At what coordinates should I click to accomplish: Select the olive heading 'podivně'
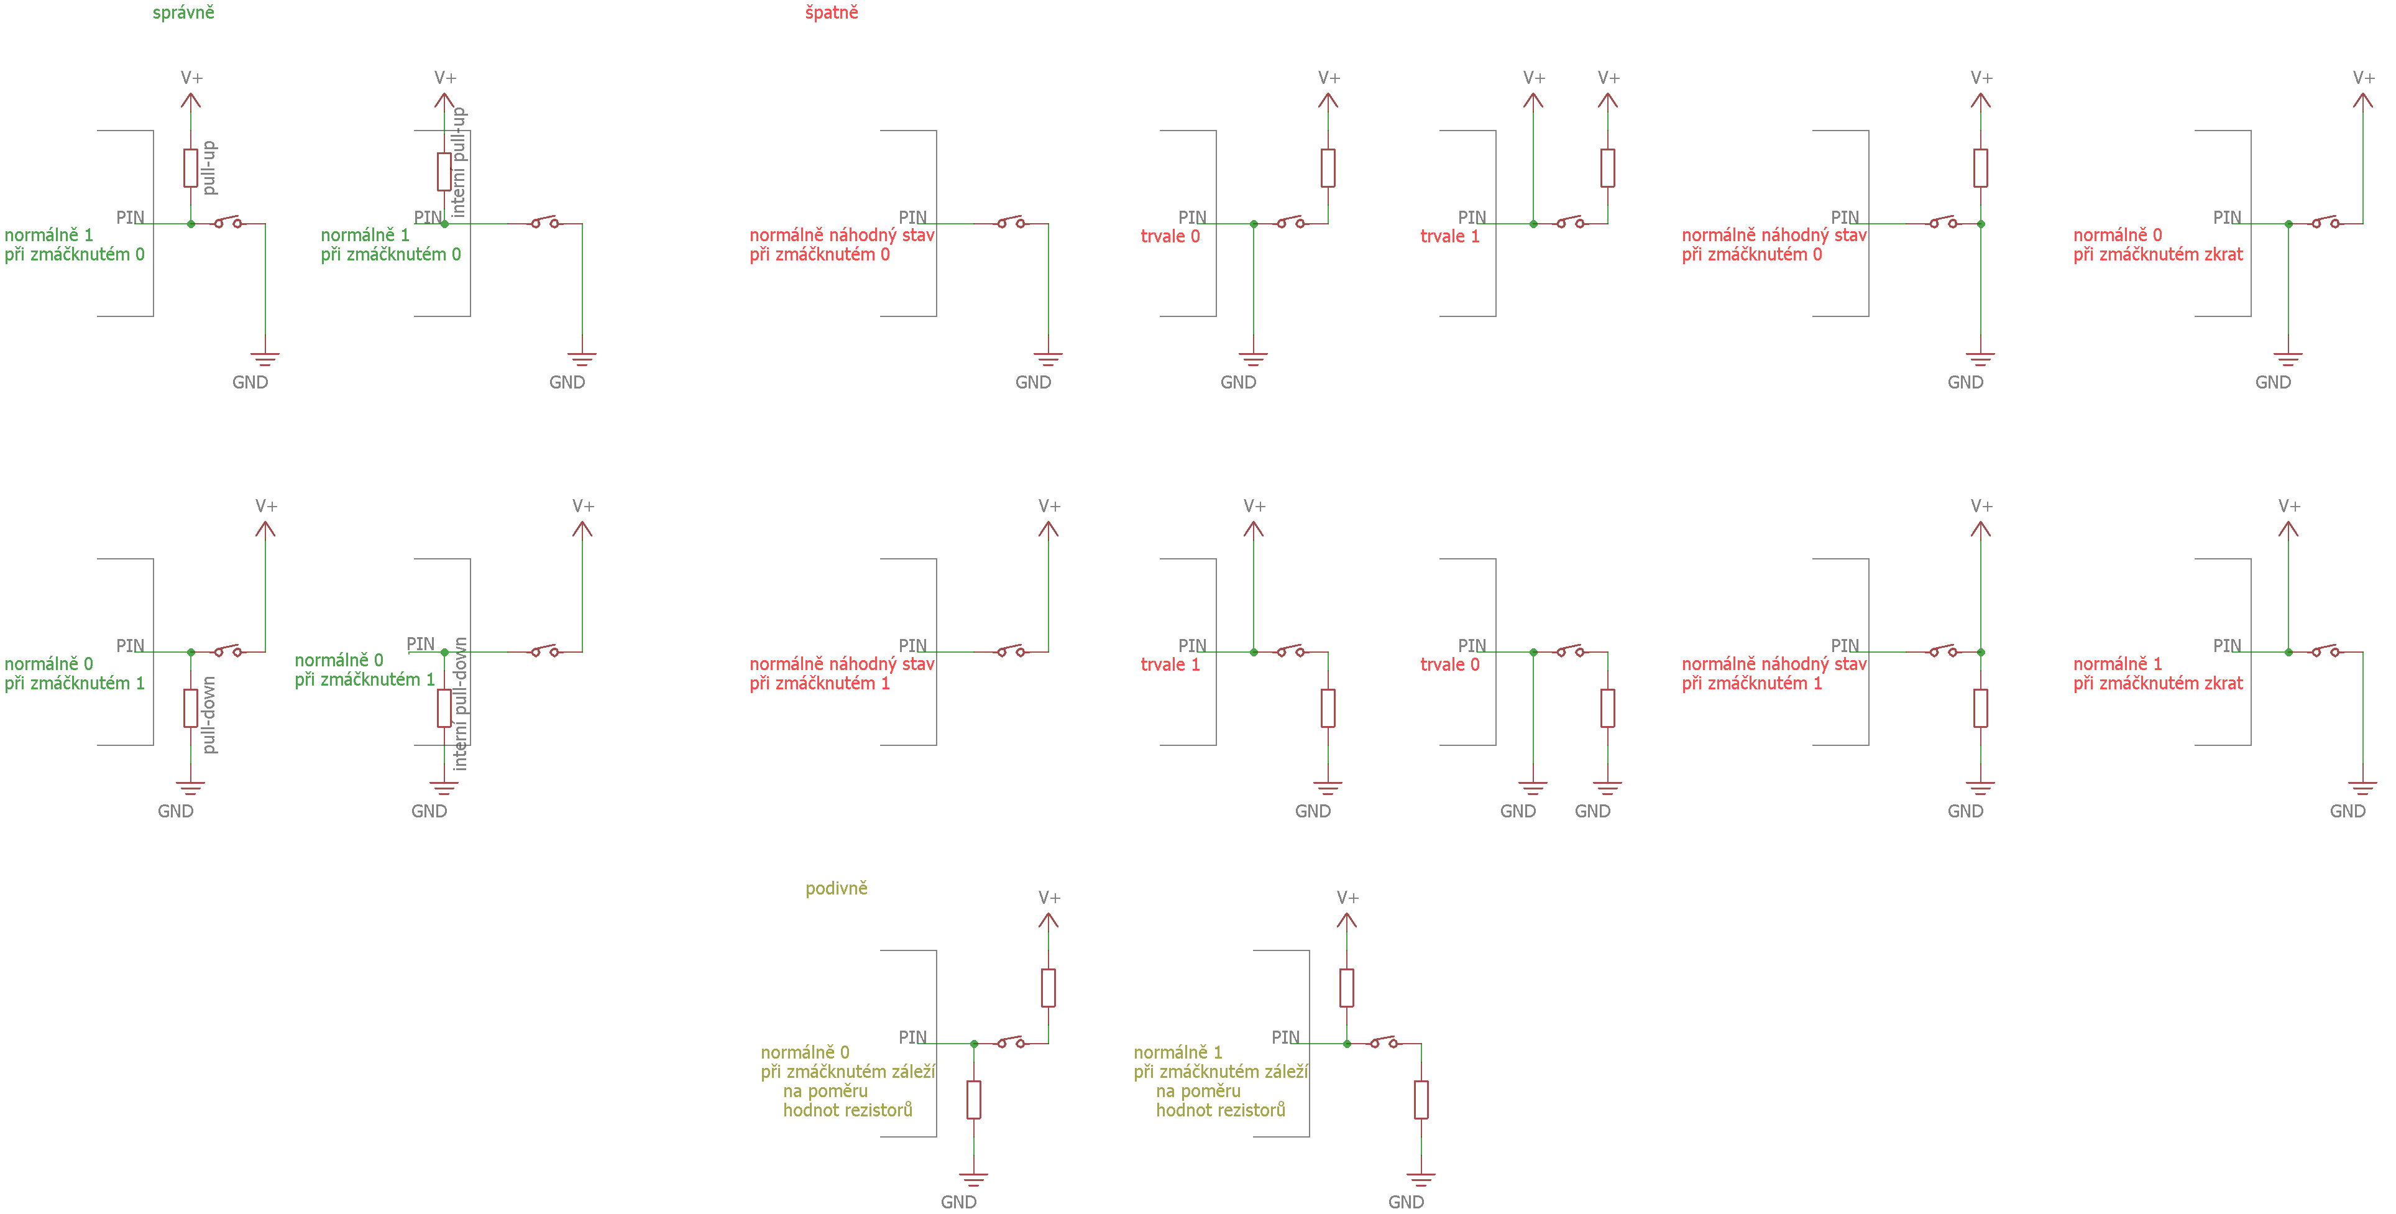836,888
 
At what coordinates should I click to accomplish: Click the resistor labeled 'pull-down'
191,708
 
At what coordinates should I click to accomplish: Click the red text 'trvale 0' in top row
1170,236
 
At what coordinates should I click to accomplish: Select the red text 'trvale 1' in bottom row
1170,664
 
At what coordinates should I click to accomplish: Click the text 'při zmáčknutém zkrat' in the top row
2158,254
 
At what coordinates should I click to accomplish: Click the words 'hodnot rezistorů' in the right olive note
1220,1110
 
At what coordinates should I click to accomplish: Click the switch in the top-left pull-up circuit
229,223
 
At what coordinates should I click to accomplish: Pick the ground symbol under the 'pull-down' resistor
191,789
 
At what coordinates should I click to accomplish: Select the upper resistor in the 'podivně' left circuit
1049,988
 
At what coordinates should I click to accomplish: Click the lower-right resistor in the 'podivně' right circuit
1421,1100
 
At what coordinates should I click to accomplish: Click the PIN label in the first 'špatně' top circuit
912,217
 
